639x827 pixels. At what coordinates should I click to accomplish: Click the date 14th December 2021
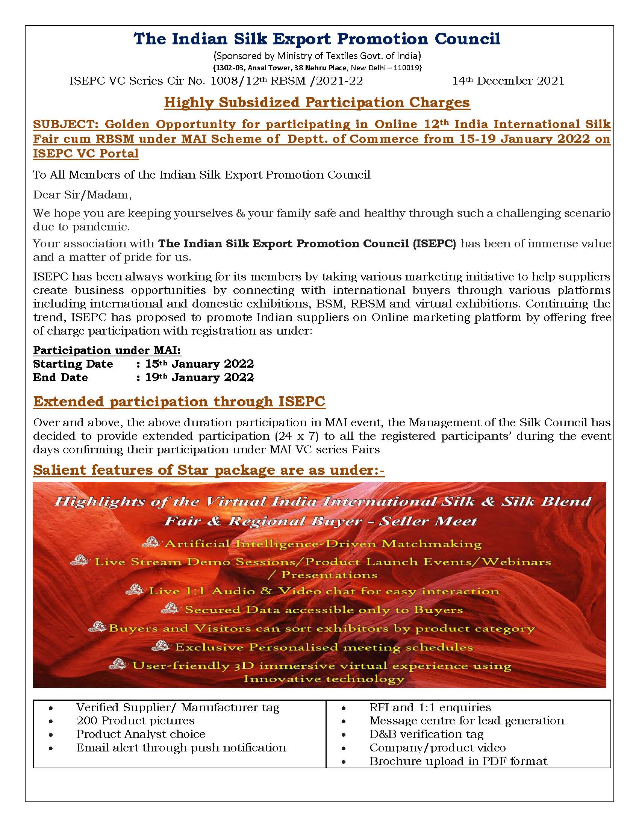(508, 81)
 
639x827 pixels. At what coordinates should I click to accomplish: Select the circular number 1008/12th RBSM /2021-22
(286, 81)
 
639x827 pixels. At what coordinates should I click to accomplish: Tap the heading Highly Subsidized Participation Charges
(317, 103)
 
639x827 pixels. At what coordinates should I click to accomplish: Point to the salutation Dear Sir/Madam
(82, 195)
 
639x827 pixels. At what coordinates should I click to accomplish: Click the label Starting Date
(73, 364)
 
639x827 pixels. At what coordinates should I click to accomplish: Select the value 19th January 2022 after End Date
(200, 377)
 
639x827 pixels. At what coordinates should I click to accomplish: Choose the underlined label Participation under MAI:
(107, 350)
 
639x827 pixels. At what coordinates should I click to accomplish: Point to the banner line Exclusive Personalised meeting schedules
(324, 647)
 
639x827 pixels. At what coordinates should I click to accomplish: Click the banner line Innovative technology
(324, 678)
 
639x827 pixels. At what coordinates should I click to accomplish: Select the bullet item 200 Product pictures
(135, 721)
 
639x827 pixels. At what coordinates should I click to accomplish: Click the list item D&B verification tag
(426, 734)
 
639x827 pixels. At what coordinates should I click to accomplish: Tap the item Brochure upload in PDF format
(458, 761)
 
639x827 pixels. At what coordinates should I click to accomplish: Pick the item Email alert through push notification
(181, 748)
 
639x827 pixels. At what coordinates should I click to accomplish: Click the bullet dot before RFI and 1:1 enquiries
(343, 708)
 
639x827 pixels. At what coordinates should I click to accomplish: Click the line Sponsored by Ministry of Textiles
(317, 56)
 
